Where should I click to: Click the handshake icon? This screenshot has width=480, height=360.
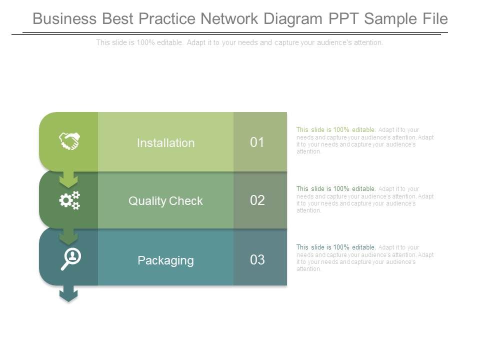tap(69, 141)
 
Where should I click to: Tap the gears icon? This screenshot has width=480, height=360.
tap(69, 200)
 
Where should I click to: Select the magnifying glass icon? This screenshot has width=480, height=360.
tap(70, 259)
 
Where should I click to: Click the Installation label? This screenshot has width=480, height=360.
tap(165, 143)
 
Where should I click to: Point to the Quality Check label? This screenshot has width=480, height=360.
tap(165, 201)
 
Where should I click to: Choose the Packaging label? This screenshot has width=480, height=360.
tap(165, 260)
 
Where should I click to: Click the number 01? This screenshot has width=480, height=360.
tap(257, 142)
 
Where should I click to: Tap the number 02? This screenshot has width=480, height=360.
tap(257, 201)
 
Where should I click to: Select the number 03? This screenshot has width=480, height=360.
tap(257, 260)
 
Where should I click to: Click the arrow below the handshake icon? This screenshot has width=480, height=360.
tap(68, 179)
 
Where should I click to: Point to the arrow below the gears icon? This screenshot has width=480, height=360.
tap(68, 236)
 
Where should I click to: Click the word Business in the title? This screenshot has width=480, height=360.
tap(64, 19)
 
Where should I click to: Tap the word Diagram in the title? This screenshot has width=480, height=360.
tap(291, 19)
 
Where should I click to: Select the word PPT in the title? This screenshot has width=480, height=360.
tap(344, 19)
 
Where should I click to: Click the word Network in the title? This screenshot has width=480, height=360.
tap(229, 19)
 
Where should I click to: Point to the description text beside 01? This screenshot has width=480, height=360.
tap(365, 140)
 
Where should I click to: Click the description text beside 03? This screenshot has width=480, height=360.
tap(365, 258)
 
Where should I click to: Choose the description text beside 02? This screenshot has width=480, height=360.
tap(365, 199)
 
